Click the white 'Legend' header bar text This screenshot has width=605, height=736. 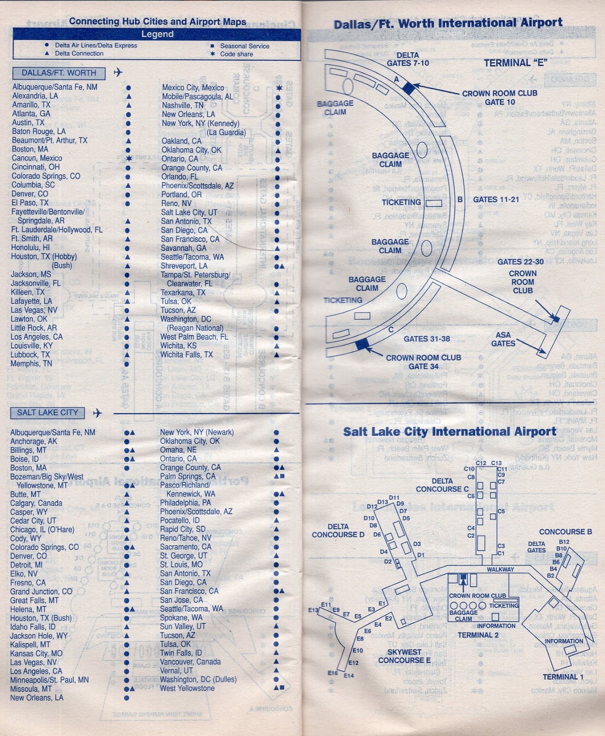point(157,34)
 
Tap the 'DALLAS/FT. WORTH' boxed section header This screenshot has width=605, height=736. point(59,73)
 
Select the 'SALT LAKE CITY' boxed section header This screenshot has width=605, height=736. point(47,413)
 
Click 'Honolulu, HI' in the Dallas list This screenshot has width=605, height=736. point(30,247)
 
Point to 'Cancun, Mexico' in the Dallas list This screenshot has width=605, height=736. point(37,158)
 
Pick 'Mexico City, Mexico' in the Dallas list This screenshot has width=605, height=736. point(193,88)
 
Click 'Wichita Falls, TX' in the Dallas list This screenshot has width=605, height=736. point(186,355)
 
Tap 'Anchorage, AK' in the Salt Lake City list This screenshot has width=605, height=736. point(34,442)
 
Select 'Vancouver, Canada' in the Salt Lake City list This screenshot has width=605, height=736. point(190,662)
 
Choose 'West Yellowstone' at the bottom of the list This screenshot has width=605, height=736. point(187,689)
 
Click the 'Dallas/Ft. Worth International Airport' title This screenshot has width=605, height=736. point(448,23)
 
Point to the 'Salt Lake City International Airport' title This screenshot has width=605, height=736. point(449,432)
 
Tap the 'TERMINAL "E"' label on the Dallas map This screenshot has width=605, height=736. point(515,63)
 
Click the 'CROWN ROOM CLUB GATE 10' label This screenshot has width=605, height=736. point(500,98)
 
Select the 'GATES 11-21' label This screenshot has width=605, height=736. point(496,200)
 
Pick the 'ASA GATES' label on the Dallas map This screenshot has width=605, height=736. point(503,339)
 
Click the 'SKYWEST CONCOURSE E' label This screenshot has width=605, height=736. point(404,656)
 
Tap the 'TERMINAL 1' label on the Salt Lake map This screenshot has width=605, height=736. point(563,677)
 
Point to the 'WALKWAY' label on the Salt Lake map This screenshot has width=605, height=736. point(500,569)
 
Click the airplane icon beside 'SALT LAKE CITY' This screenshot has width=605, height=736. point(97,413)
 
